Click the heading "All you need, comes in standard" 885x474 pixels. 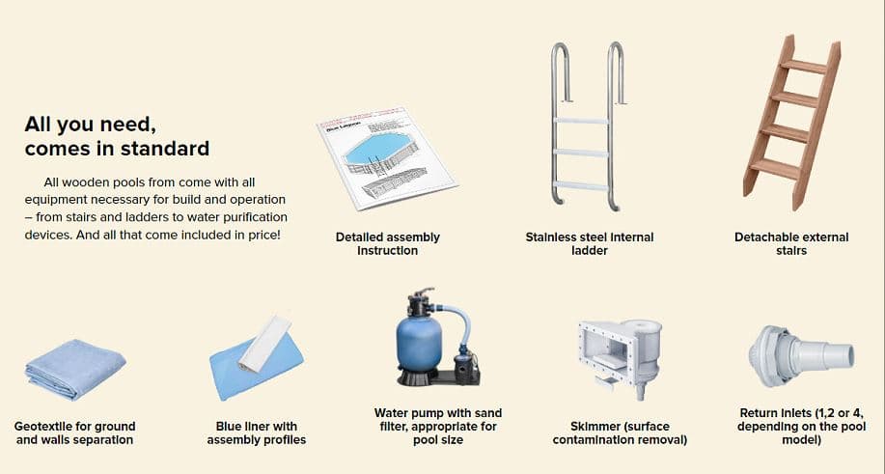point(116,136)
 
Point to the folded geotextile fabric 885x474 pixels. point(74,369)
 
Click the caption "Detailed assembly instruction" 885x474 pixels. point(387,243)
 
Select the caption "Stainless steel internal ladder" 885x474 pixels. point(589,243)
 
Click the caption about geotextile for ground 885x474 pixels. point(74,432)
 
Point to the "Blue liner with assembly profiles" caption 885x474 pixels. point(256,432)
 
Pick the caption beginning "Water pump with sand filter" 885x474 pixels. point(437,426)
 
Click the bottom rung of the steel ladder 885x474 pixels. point(580,185)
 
